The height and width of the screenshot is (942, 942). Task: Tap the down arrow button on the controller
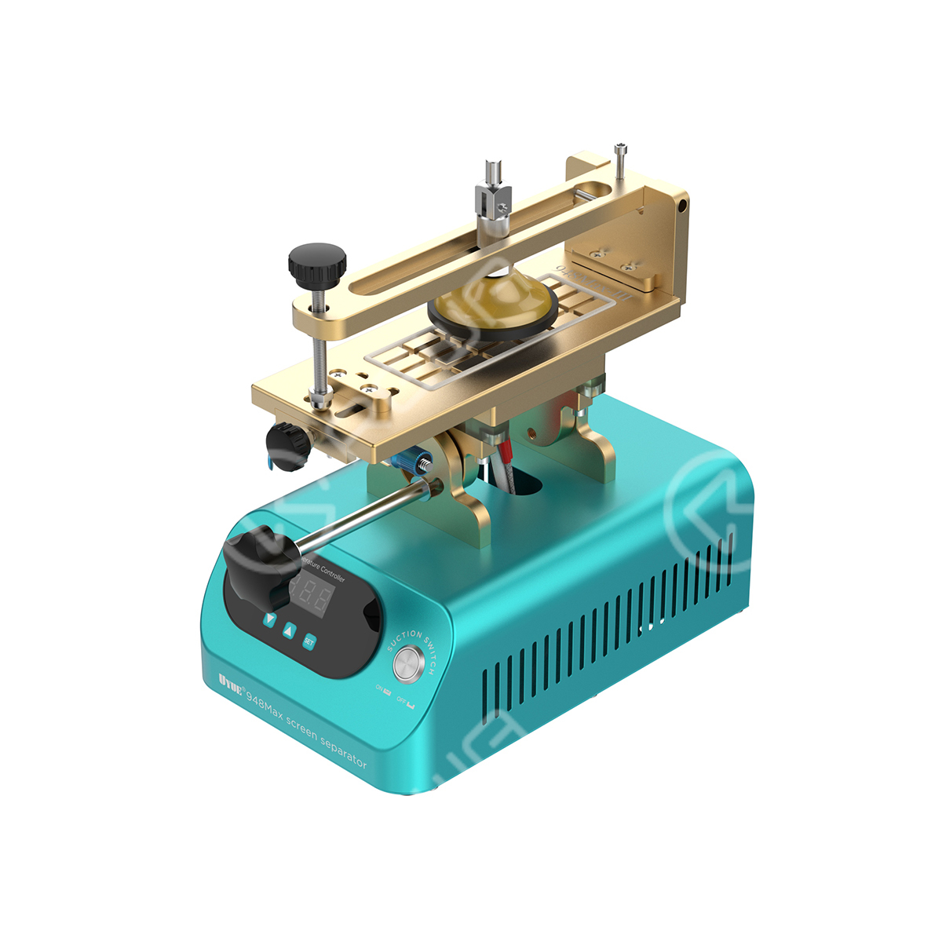(x=270, y=619)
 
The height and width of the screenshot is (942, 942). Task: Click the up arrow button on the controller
(x=289, y=629)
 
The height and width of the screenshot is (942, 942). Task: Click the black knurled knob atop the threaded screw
(x=316, y=265)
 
